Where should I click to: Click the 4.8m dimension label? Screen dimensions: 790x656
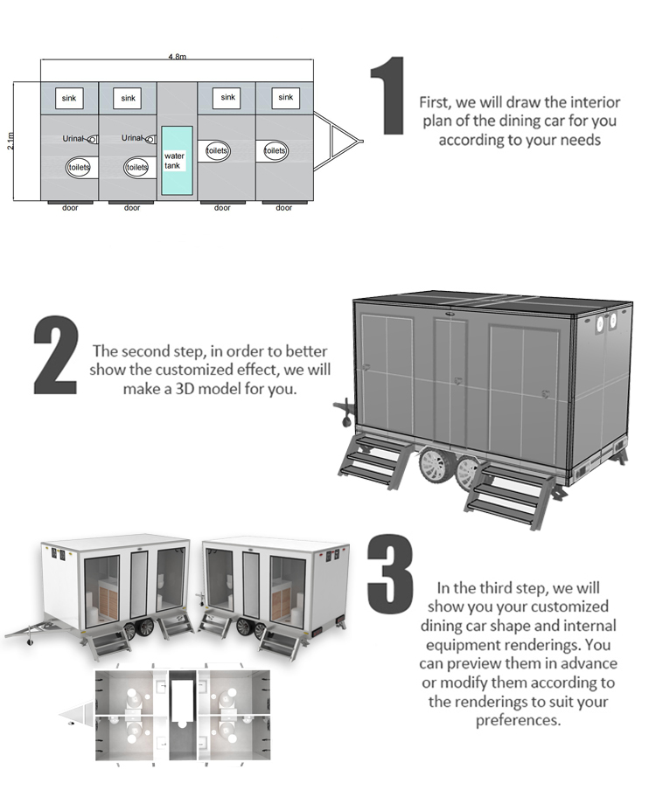coord(177,56)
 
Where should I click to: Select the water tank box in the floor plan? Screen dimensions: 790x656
coord(177,160)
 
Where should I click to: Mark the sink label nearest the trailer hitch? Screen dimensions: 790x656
coord(286,98)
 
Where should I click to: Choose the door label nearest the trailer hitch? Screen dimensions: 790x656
coord(283,208)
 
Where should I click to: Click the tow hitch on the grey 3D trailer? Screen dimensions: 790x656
coord(343,407)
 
